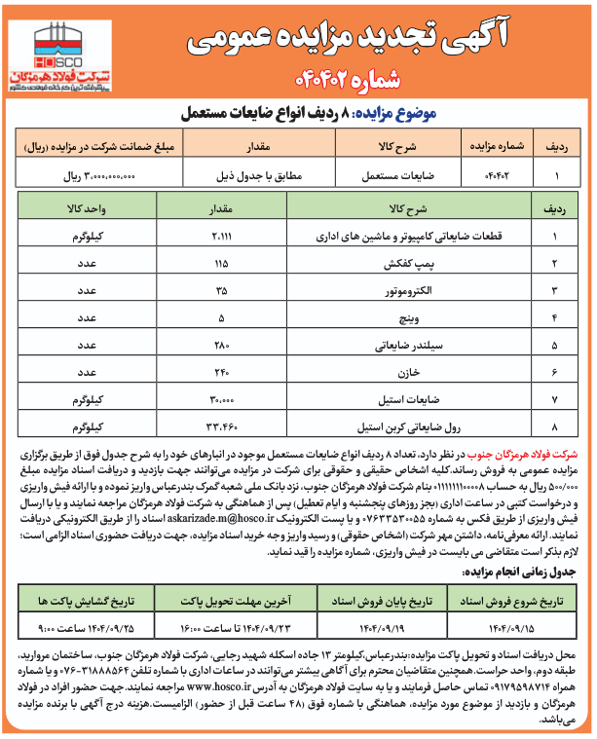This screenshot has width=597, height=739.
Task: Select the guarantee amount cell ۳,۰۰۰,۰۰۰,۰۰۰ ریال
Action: [x=98, y=178]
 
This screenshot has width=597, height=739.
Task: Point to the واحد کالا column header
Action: [x=93, y=208]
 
